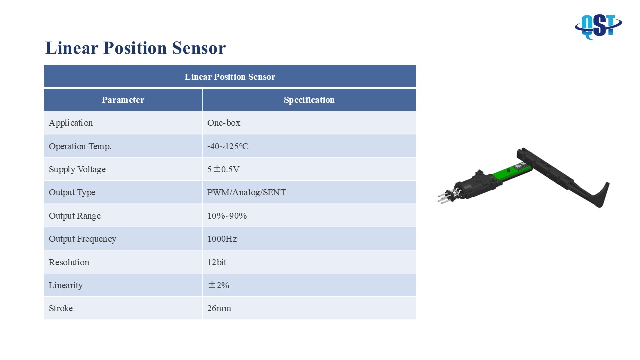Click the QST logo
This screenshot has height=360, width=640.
598,27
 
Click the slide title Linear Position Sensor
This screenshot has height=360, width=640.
135,48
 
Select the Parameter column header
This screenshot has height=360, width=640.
123,100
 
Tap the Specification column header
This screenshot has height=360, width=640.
309,100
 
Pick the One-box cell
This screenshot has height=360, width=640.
224,123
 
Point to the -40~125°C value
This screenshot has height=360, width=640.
228,146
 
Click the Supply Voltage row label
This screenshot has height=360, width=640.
77,169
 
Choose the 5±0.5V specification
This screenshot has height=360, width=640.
223,169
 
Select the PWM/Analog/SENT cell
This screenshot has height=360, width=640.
246,192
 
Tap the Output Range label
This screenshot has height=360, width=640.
75,216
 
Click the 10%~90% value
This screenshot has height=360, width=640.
227,216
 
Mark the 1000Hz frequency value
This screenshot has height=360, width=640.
222,239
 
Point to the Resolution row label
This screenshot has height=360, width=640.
69,262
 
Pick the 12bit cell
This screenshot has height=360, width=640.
217,262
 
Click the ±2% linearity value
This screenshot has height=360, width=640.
219,285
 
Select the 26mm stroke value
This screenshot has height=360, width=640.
219,308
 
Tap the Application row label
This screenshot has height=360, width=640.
71,123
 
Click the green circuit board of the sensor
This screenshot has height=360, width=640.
511,173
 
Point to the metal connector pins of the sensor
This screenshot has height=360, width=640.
447,196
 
